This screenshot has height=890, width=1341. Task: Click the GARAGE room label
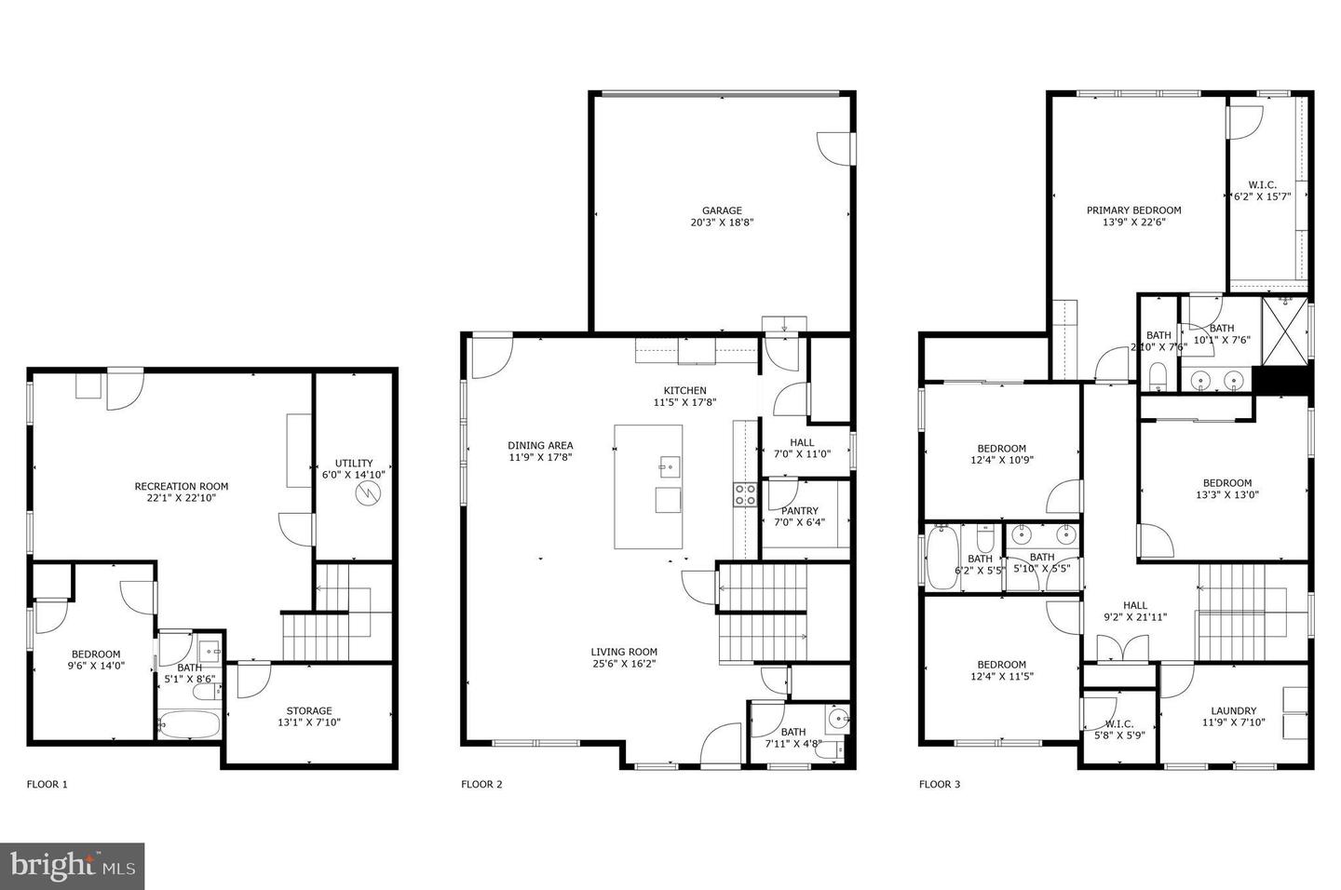click(722, 210)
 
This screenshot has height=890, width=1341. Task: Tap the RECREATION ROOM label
click(181, 486)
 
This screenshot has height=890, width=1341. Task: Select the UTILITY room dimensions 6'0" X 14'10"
click(354, 475)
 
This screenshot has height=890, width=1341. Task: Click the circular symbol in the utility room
click(370, 492)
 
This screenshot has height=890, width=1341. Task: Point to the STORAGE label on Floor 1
click(308, 710)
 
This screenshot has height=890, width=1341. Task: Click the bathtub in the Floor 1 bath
click(189, 725)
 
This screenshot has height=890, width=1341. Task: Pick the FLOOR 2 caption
click(481, 784)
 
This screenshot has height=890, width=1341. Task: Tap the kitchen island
click(647, 487)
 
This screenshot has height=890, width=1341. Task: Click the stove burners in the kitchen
click(745, 494)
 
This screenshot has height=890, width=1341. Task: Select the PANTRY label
click(800, 510)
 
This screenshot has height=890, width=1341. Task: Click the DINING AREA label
click(540, 445)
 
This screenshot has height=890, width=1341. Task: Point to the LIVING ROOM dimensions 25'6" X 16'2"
click(624, 664)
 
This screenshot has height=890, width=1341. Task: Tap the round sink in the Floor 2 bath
click(837, 718)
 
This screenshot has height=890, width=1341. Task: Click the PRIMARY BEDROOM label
click(1133, 210)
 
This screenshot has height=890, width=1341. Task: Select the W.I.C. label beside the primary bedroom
click(1262, 184)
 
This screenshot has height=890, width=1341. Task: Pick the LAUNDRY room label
click(1234, 710)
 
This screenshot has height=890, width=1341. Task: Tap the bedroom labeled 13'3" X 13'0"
click(1226, 489)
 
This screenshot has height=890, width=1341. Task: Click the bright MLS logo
click(72, 867)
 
